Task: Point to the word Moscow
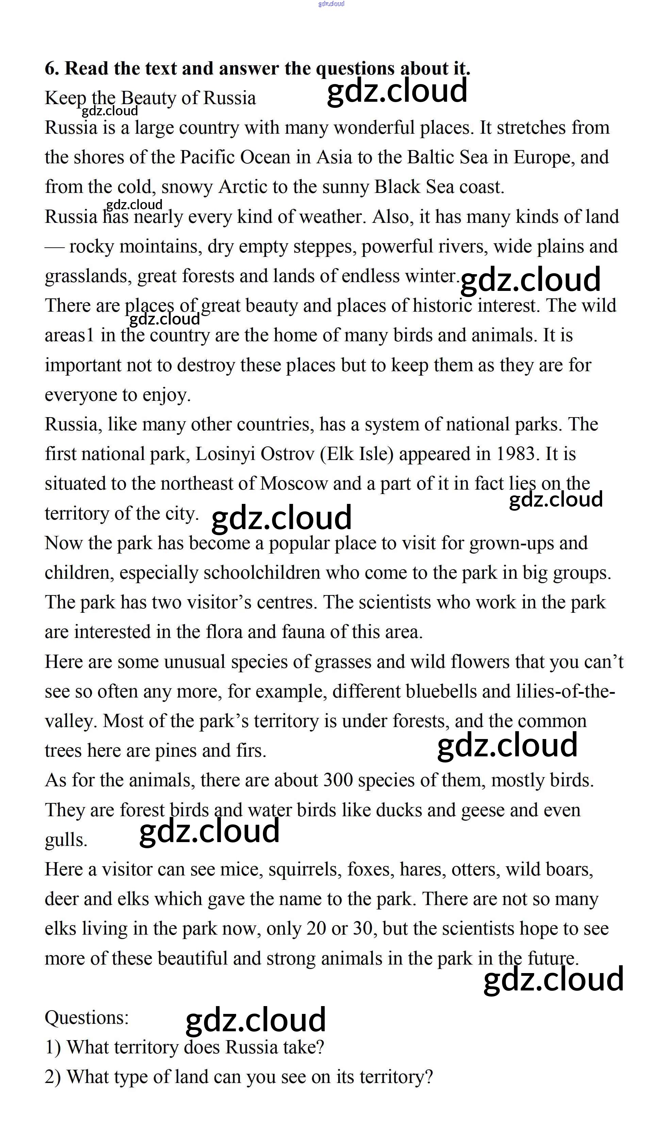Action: tap(294, 484)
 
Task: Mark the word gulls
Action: tap(66, 840)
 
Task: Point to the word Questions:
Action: tap(87, 1018)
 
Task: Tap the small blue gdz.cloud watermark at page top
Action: tap(331, 4)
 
